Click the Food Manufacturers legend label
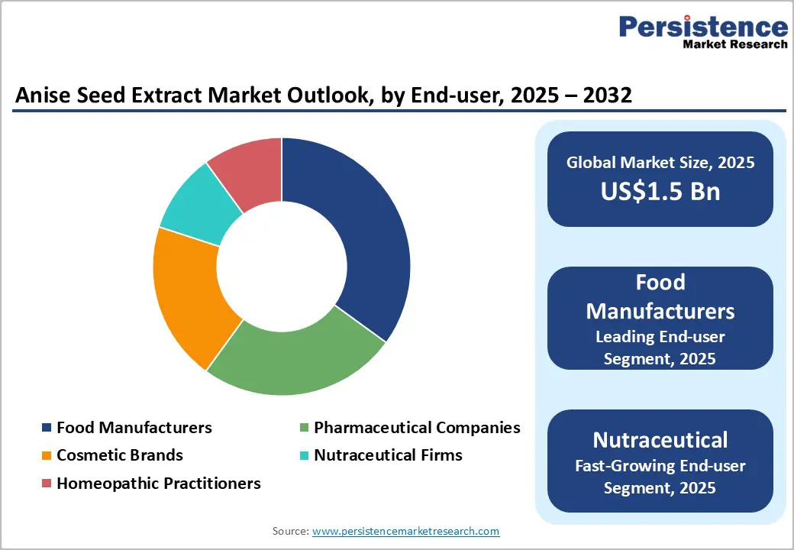click(x=134, y=427)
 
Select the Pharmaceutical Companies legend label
click(x=417, y=427)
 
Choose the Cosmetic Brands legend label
click(x=120, y=455)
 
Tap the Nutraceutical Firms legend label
click(x=388, y=455)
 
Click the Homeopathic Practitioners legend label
click(x=159, y=484)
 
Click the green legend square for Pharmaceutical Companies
click(x=303, y=428)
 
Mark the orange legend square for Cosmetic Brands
click(x=47, y=456)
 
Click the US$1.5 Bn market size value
click(x=660, y=191)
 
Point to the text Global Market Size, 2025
click(x=660, y=162)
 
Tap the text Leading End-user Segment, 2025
click(x=660, y=347)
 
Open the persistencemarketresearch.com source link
click(x=406, y=531)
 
